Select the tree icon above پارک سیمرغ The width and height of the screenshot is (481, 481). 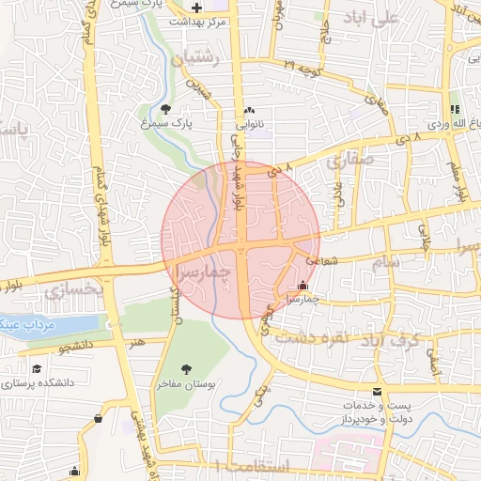tap(166, 109)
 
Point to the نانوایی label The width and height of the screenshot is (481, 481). tap(248, 123)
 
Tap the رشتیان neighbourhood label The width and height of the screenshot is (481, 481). tap(195, 58)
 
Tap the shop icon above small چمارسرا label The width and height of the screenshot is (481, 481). tap(303, 285)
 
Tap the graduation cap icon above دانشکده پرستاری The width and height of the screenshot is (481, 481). tap(37, 369)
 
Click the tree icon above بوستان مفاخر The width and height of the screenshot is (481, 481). tap(184, 369)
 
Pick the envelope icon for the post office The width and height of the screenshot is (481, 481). tap(378, 392)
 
